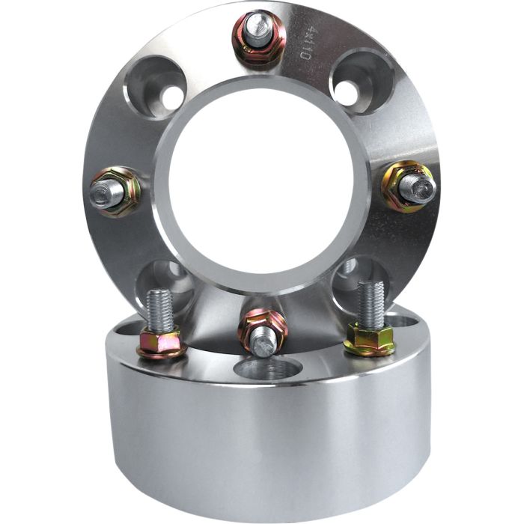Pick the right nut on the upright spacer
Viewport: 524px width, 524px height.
tap(408, 185)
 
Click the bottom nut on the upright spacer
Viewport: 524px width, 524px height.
tap(263, 332)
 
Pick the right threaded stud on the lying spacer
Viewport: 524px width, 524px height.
tap(371, 304)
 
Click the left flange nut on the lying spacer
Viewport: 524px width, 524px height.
tap(159, 344)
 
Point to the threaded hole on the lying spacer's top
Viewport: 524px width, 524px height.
tap(267, 368)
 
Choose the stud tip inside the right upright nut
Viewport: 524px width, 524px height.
tap(416, 187)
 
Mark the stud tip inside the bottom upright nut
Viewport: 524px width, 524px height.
tap(263, 343)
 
